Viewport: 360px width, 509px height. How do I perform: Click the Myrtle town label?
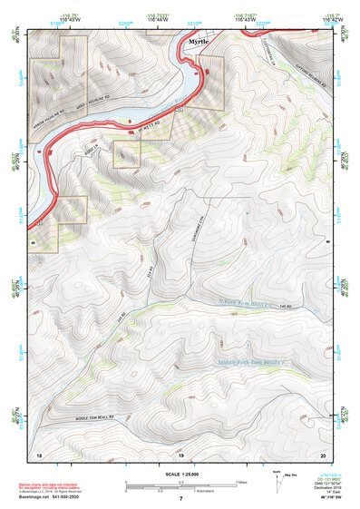tap(198, 43)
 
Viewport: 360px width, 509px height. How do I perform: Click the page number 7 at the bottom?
tap(180, 500)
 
